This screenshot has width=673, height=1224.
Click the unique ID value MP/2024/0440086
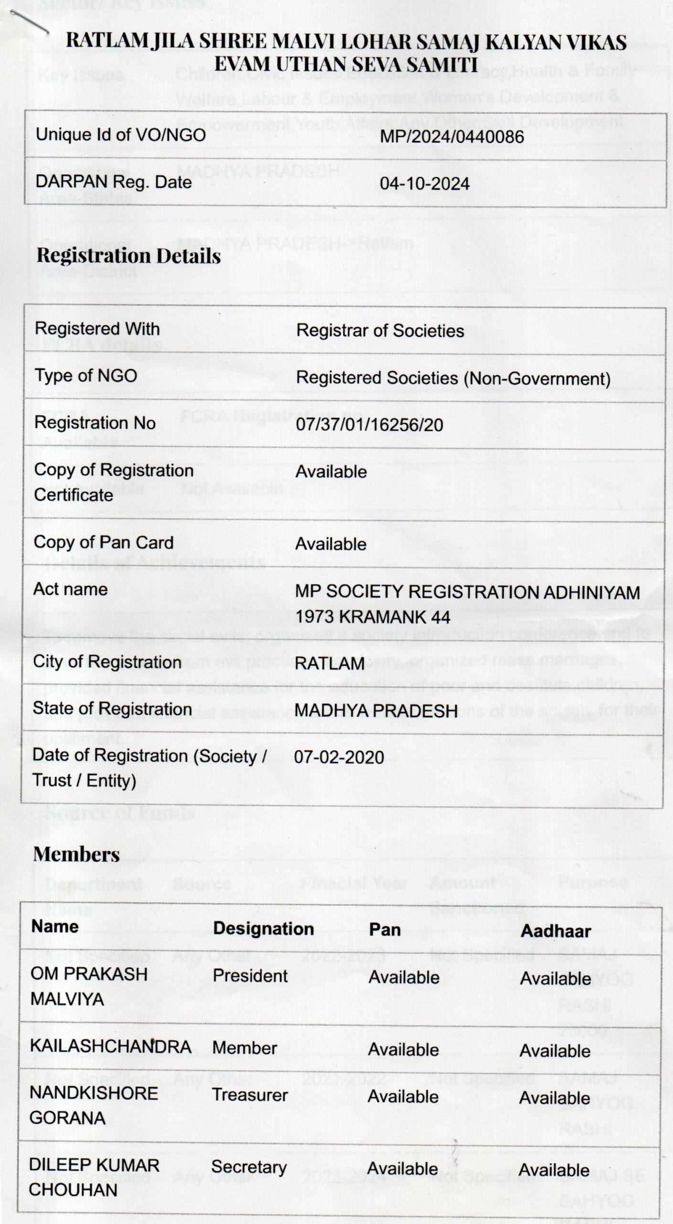(x=451, y=137)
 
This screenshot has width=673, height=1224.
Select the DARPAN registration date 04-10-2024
(x=424, y=184)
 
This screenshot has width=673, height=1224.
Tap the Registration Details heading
(x=128, y=256)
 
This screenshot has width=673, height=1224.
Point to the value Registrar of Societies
(x=380, y=331)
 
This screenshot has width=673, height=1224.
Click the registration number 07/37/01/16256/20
(x=369, y=425)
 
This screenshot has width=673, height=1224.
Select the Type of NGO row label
(x=85, y=376)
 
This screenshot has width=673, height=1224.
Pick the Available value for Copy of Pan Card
(x=331, y=544)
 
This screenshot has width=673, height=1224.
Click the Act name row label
(x=70, y=590)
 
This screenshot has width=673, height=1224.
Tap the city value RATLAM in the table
(x=330, y=664)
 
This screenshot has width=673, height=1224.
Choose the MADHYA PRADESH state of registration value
(x=376, y=710)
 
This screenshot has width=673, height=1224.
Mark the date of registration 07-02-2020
(x=339, y=757)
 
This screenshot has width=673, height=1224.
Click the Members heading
(x=76, y=855)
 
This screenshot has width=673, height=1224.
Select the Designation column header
(x=263, y=929)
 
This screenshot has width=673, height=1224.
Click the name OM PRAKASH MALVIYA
(x=89, y=986)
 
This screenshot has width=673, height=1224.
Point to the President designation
(x=250, y=976)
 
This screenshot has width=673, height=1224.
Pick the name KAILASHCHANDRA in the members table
(x=110, y=1047)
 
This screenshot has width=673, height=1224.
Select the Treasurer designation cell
(x=250, y=1095)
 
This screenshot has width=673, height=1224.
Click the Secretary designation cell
(x=249, y=1167)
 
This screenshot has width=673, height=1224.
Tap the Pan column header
(x=385, y=929)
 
